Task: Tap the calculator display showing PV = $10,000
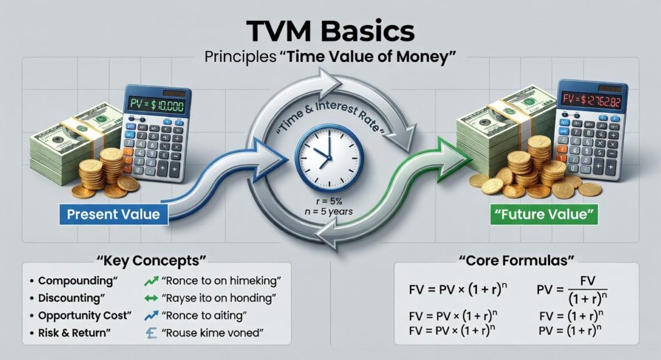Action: [x=158, y=105]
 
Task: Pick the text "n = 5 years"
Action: [x=329, y=212]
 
